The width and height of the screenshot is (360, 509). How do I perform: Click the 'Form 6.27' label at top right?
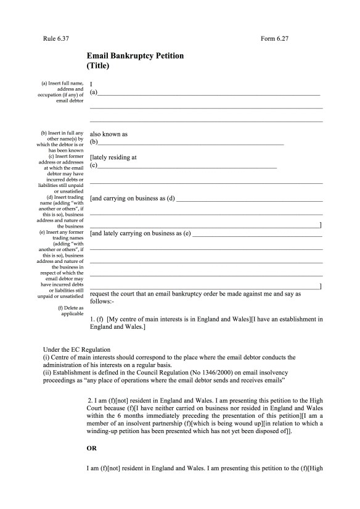tap(274, 39)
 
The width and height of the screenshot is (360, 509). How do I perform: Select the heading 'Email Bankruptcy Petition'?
tap(135, 56)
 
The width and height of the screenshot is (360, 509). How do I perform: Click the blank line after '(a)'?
tap(210, 94)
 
